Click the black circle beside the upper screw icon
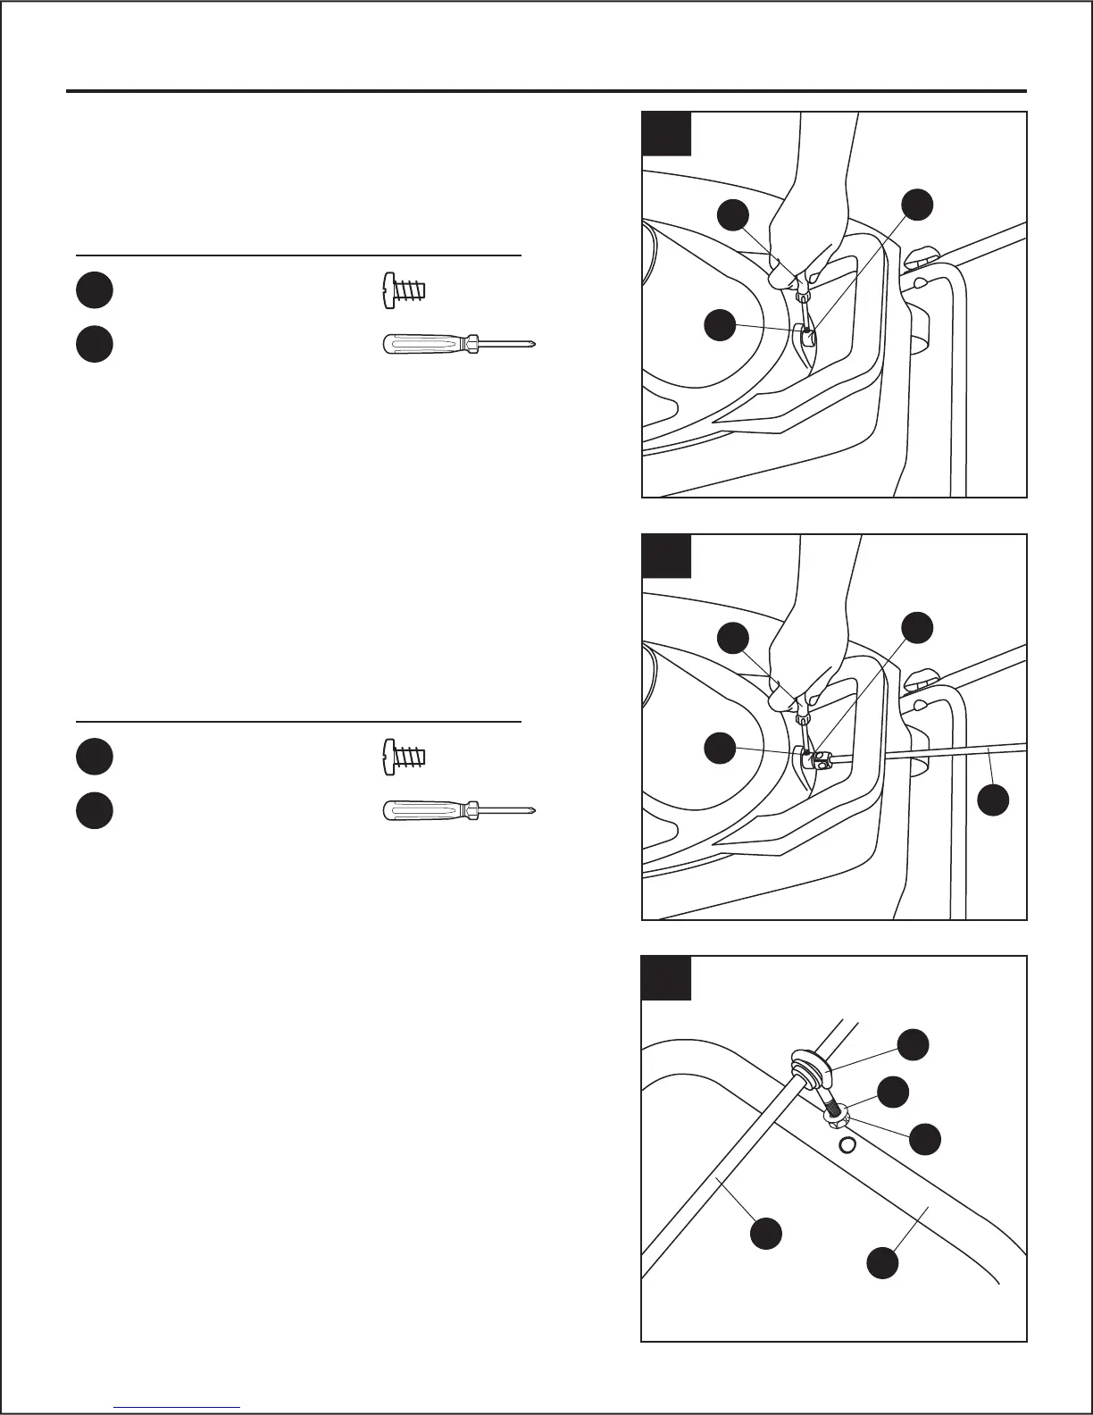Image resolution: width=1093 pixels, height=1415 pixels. [x=94, y=290]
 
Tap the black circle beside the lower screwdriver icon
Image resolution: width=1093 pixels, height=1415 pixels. [x=94, y=810]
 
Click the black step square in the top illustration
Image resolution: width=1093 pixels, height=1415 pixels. [x=667, y=133]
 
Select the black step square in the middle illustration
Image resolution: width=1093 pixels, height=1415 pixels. [x=667, y=556]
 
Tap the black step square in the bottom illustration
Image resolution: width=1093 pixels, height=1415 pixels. [x=667, y=977]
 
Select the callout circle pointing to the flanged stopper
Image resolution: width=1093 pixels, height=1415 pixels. [x=913, y=1044]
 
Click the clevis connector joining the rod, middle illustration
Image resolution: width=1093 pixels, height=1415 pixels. [x=820, y=759]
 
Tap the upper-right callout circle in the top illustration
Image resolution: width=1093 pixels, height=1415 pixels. [x=917, y=204]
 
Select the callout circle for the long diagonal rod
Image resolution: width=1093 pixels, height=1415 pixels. [x=766, y=1233]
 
